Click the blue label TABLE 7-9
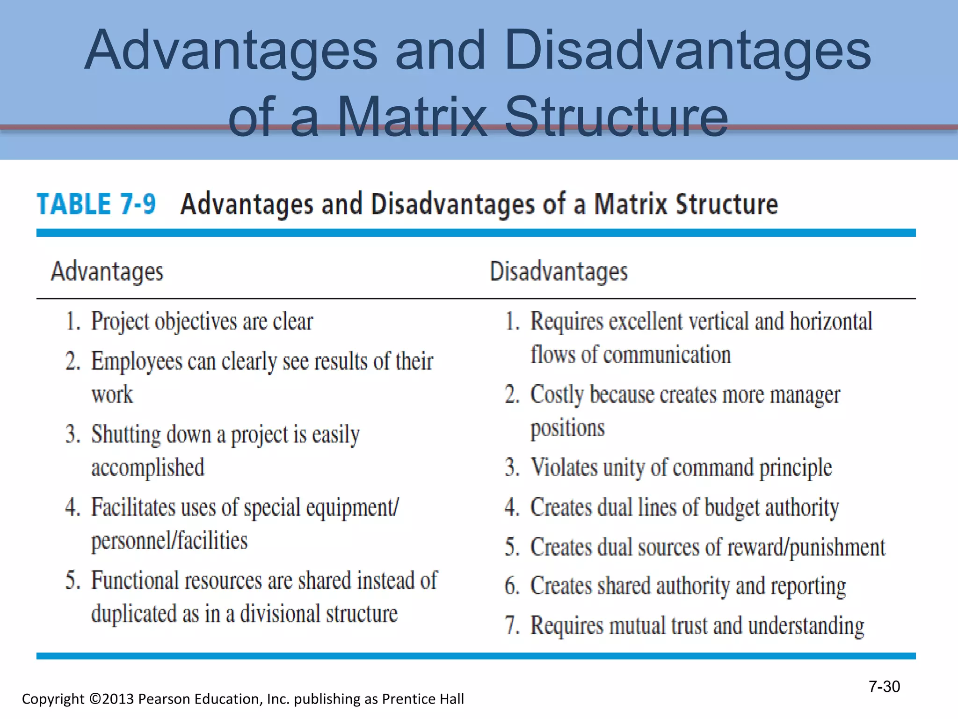pos(96,204)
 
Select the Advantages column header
pos(107,271)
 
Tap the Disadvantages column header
pos(559,271)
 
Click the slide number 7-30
pos(884,687)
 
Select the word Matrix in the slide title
pos(412,117)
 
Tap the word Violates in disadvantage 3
pos(564,467)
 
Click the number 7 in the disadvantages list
pos(511,626)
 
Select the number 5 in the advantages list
pos(71,580)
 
